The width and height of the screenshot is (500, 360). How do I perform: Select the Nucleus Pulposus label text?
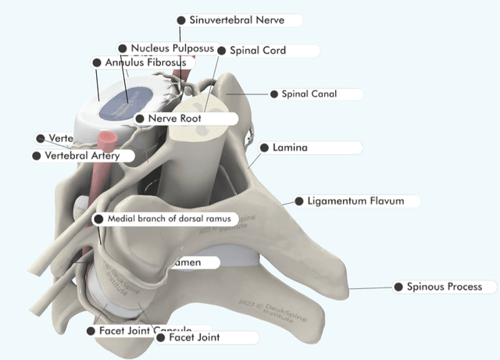click(x=172, y=48)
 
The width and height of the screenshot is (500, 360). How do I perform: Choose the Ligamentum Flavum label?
click(x=355, y=201)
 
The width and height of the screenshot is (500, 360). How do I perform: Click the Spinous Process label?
click(x=444, y=287)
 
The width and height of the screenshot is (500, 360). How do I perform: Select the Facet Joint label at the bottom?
click(x=194, y=338)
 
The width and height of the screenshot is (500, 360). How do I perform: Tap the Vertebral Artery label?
click(x=82, y=156)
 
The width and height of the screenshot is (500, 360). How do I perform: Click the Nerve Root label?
click(x=175, y=119)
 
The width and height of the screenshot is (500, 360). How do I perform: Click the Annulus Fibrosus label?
click(x=145, y=62)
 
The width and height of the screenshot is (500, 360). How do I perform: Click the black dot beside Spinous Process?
click(x=398, y=287)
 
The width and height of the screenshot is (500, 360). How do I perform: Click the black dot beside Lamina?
click(x=264, y=148)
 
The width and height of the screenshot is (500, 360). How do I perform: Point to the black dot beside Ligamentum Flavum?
click(x=298, y=201)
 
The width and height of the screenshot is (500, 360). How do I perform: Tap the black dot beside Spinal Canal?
click(x=274, y=94)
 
